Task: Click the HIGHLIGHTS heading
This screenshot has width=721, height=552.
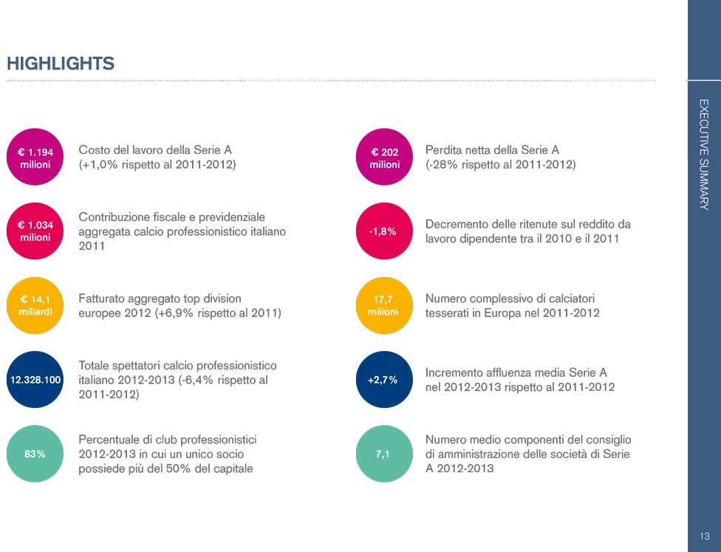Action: tap(61, 64)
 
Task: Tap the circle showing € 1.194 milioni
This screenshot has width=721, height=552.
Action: tap(35, 158)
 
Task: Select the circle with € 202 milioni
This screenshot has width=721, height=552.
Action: tap(384, 158)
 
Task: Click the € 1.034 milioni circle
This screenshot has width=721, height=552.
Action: tap(35, 231)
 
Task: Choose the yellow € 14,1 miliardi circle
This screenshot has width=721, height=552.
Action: tap(35, 305)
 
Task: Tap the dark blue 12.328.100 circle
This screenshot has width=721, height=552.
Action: tap(35, 380)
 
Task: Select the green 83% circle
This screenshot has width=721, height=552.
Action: tap(35, 454)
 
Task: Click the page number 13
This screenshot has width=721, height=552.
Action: tap(704, 536)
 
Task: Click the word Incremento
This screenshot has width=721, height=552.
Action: tap(453, 372)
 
